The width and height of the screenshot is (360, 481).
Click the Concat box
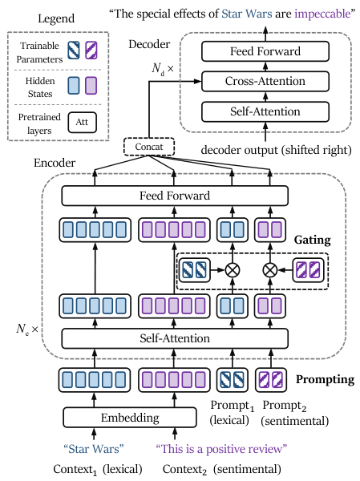[x=149, y=147]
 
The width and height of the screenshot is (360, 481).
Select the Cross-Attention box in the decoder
[x=265, y=81]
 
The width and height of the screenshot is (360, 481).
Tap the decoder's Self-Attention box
[x=265, y=111]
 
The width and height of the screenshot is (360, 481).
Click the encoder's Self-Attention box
[x=175, y=338]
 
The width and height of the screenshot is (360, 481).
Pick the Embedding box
[x=130, y=418]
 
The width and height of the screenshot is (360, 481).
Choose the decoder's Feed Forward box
[x=265, y=51]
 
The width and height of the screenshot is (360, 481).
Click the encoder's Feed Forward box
[x=175, y=196]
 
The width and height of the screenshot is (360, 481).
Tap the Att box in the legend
[x=83, y=123]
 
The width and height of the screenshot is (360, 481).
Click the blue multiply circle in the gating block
[x=233, y=270]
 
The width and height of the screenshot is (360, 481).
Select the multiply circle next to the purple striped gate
[x=270, y=270]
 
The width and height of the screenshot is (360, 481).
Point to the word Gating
[x=313, y=240]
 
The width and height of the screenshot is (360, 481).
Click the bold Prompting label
[x=325, y=379]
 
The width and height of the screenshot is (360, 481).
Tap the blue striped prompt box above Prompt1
[x=232, y=380]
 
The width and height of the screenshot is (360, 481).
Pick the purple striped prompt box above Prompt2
[x=271, y=380]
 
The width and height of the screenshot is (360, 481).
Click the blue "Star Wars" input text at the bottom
[x=94, y=449]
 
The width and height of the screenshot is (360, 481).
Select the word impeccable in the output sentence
[x=322, y=14]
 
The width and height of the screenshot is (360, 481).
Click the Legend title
[x=56, y=18]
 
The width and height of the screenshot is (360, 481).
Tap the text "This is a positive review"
[x=221, y=449]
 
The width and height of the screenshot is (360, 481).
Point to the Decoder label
[x=149, y=44]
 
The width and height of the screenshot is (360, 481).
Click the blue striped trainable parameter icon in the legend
[x=74, y=51]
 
